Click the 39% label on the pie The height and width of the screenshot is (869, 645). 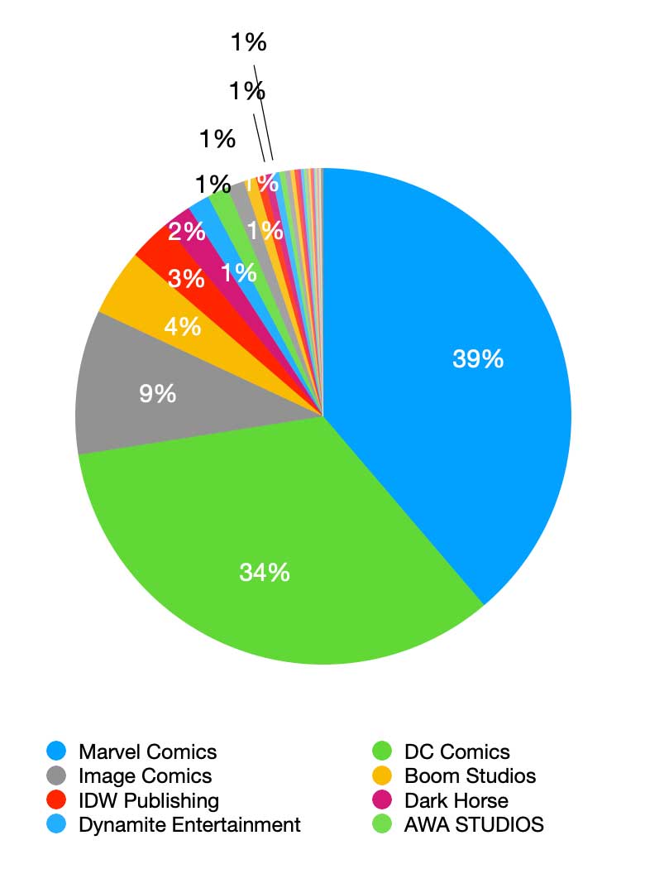pos(478,359)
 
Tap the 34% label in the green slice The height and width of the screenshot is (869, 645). pos(265,571)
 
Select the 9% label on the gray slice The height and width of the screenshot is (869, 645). pos(157,393)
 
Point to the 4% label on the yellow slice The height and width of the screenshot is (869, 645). pos(182,327)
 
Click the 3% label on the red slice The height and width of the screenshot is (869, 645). pos(186,279)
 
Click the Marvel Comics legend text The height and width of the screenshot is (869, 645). pos(147,752)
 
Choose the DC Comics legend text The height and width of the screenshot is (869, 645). pos(457,752)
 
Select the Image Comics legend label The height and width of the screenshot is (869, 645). pos(145,776)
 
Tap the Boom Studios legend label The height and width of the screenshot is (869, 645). pos(470,776)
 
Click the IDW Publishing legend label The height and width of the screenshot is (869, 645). pos(149,800)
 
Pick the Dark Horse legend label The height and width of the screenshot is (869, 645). pos(456,800)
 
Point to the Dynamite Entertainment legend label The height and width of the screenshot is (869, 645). pos(189,824)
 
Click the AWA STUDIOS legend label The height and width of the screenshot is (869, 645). pos(474,824)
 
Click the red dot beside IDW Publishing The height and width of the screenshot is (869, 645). pos(56,800)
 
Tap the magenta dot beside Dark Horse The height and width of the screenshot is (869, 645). pos(382,800)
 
